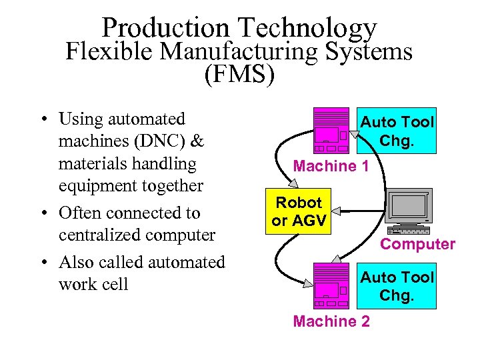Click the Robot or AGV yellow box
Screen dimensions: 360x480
tap(299, 211)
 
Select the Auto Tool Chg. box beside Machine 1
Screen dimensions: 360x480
tap(396, 131)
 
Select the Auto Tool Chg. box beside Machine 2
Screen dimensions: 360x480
tap(396, 286)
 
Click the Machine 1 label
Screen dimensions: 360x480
tap(331, 166)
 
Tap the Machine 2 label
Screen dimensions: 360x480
tap(331, 321)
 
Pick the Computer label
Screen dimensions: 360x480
tap(417, 244)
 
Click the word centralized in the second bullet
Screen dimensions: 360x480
tap(100, 235)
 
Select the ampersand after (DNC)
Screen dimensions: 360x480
tap(197, 141)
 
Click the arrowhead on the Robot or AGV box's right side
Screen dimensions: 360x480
tap(336, 211)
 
